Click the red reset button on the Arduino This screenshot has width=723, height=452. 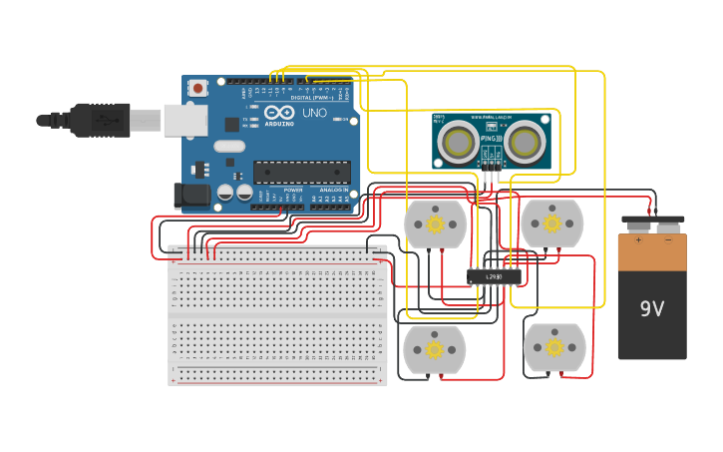pyautogui.click(x=197, y=88)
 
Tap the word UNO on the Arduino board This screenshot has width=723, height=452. pyautogui.click(x=314, y=114)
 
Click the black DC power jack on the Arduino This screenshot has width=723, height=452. pyautogui.click(x=191, y=196)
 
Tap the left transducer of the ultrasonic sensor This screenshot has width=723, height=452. pyautogui.click(x=458, y=143)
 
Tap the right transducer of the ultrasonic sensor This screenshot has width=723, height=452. pyautogui.click(x=525, y=143)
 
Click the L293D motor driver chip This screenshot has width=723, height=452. pyautogui.click(x=494, y=276)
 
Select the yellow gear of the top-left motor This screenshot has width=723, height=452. pyautogui.click(x=435, y=225)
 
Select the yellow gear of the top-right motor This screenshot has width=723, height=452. pyautogui.click(x=551, y=224)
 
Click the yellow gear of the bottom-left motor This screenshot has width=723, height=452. pyautogui.click(x=434, y=349)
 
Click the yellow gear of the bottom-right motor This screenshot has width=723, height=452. pyautogui.click(x=553, y=347)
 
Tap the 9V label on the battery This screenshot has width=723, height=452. pyautogui.click(x=651, y=309)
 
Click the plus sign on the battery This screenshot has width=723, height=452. pyautogui.click(x=638, y=239)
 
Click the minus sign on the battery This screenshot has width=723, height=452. pyautogui.click(x=668, y=239)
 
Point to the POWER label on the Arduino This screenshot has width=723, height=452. pyautogui.click(x=293, y=190)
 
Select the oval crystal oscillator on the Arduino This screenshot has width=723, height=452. pyautogui.click(x=228, y=147)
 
